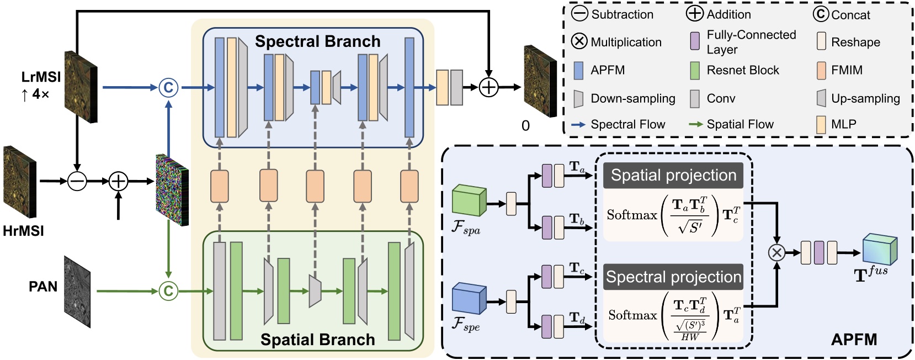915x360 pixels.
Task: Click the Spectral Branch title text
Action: (x=317, y=41)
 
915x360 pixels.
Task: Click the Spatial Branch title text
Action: (x=317, y=339)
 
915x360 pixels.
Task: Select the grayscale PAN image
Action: (x=77, y=292)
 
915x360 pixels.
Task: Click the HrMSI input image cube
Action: (x=20, y=182)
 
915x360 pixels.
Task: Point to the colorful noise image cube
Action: (x=172, y=189)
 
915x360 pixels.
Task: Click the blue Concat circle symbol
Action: (x=168, y=87)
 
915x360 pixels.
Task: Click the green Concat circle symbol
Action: (x=168, y=291)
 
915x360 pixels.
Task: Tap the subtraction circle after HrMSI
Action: (x=77, y=181)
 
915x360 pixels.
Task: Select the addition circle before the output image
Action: (x=489, y=87)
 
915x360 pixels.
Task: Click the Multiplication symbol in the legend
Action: (x=579, y=41)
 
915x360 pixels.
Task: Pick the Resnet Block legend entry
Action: (x=695, y=70)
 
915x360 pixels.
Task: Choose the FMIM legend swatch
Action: (x=821, y=70)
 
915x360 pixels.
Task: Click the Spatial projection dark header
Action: (x=673, y=176)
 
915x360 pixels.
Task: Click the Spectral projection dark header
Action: (x=673, y=277)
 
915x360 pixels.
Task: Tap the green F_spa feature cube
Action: (x=469, y=200)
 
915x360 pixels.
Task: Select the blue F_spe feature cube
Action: (x=469, y=299)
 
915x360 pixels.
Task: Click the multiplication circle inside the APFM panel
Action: (x=776, y=253)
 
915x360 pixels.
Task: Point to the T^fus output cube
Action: (x=880, y=250)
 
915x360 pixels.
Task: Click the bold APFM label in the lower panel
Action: (x=854, y=339)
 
